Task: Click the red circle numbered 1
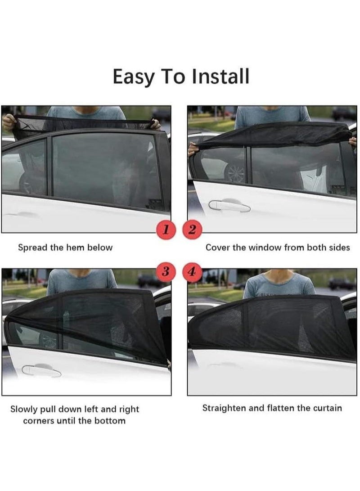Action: [x=166, y=230]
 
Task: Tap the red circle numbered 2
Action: [x=192, y=230]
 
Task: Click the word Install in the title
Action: [x=220, y=77]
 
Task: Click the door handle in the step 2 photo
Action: [x=229, y=206]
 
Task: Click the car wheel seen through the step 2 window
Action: [x=235, y=173]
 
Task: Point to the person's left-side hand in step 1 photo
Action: [x=8, y=121]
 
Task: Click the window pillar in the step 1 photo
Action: [x=49, y=166]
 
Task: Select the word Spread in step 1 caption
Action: [x=33, y=248]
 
